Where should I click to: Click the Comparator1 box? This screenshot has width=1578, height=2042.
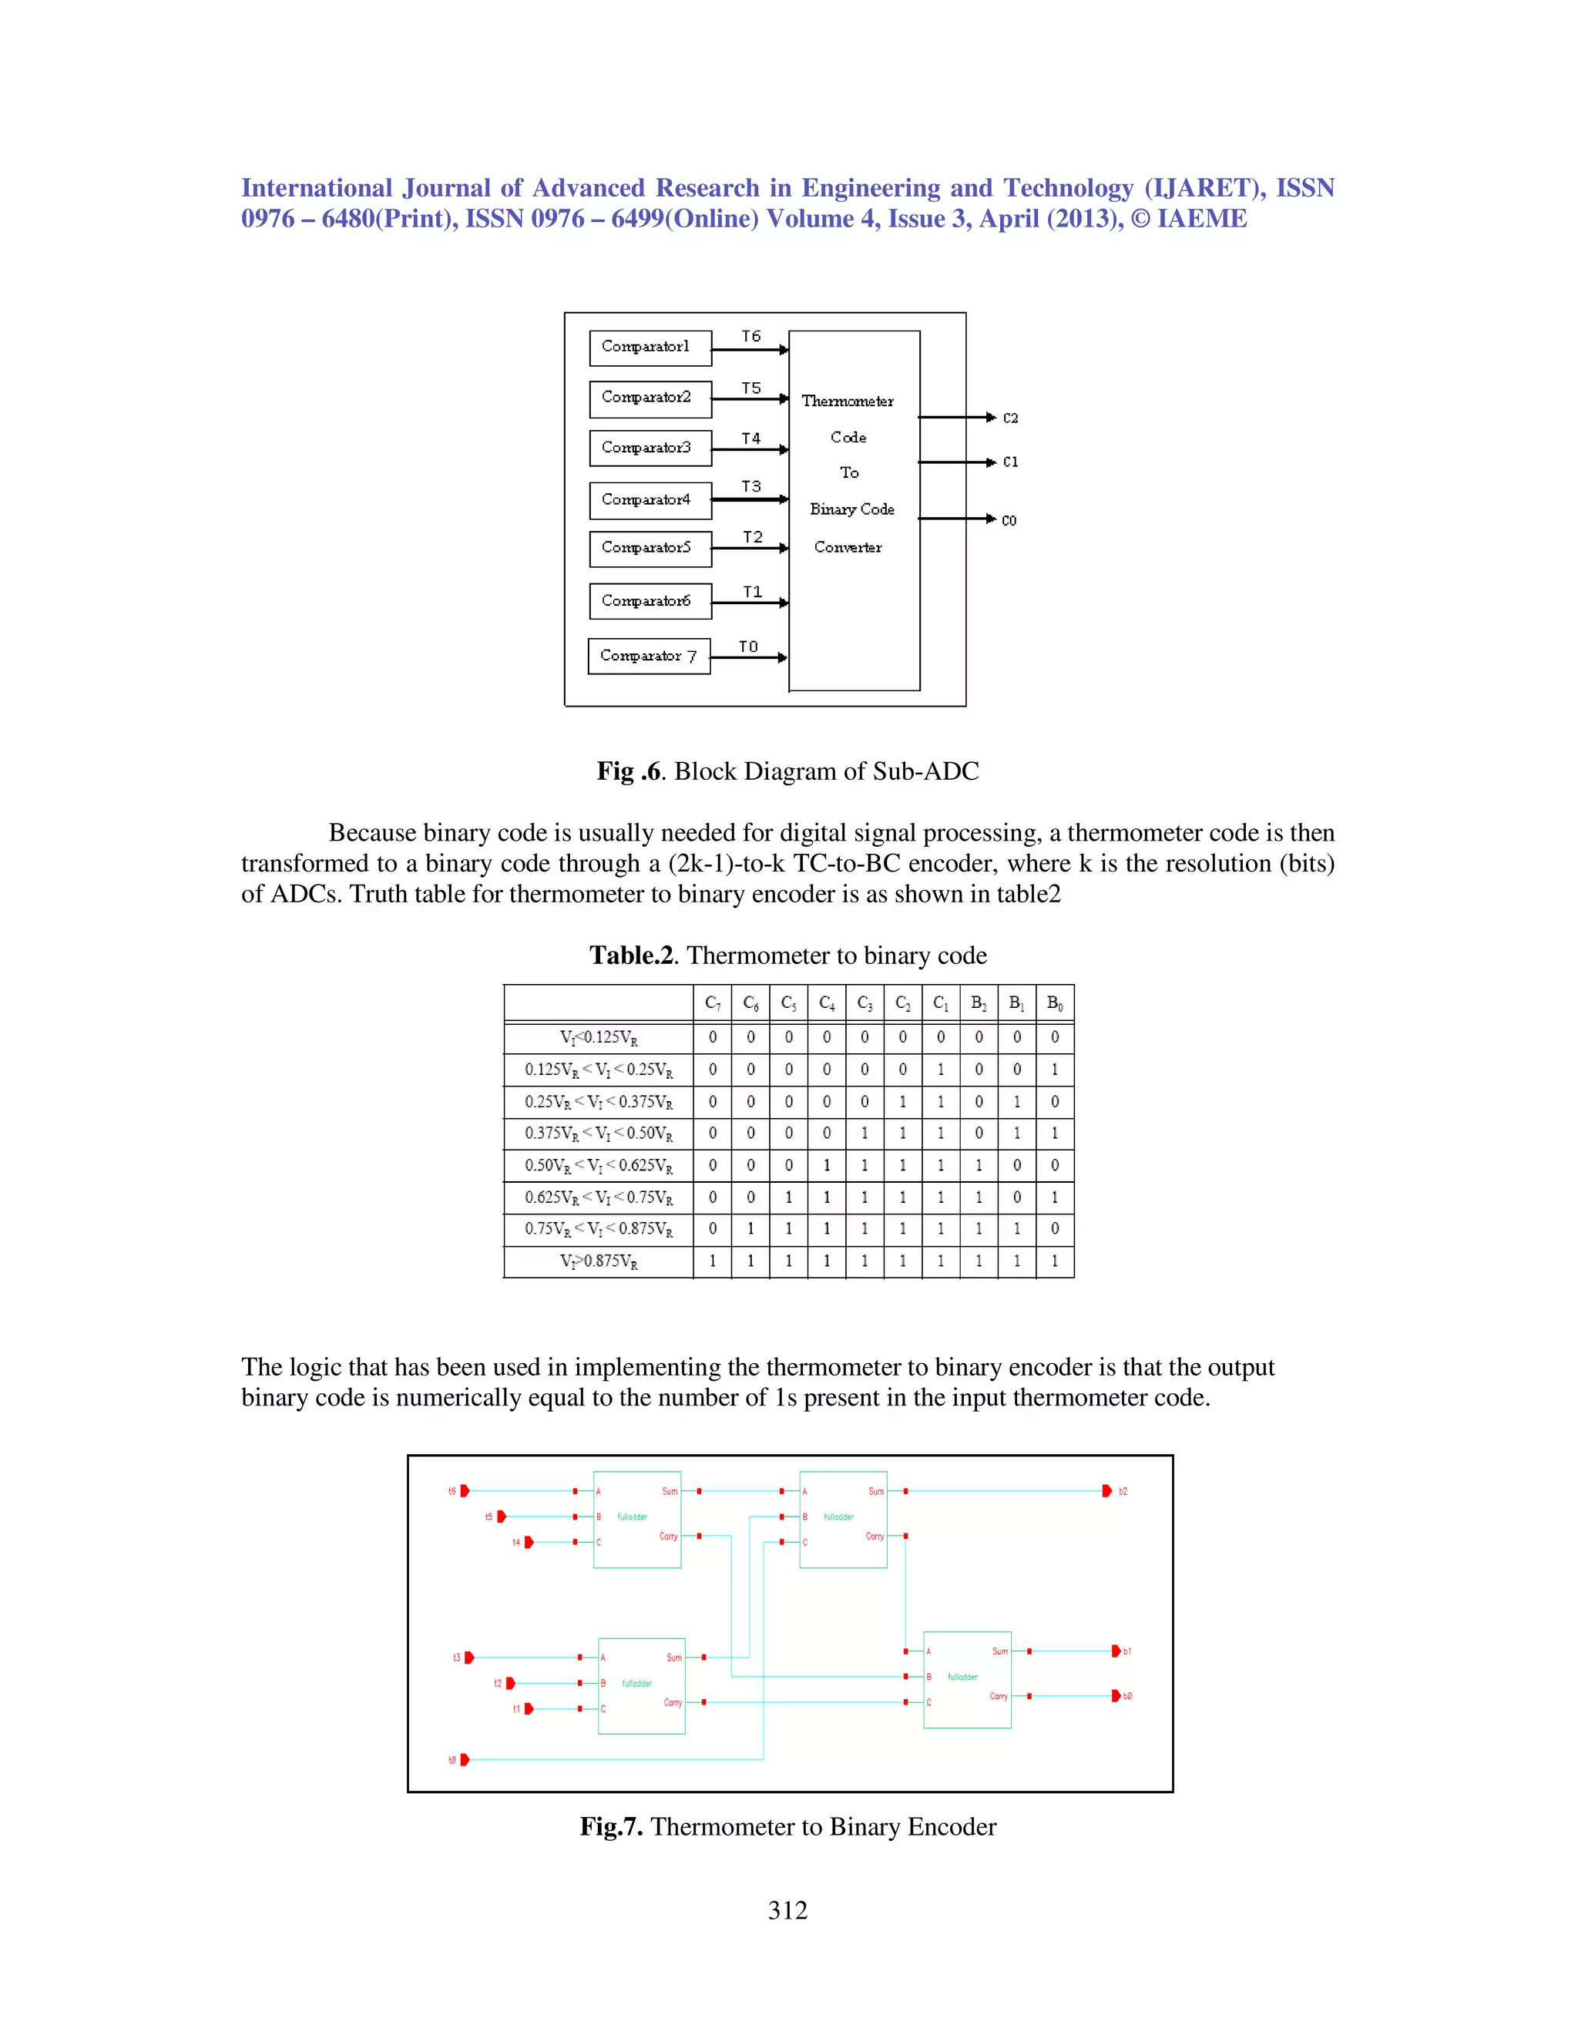(650, 347)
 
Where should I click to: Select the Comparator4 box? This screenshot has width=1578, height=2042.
(650, 500)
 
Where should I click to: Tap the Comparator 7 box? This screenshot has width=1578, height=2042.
(649, 657)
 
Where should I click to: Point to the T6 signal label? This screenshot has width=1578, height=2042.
(751, 336)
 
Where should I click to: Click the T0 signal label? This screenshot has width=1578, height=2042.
(749, 646)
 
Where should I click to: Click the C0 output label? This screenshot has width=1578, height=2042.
(1009, 521)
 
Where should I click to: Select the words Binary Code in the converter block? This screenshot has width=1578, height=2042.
(851, 509)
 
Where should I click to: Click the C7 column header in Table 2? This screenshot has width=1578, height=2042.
(713, 1003)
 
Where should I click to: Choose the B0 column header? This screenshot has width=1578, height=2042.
(1055, 1003)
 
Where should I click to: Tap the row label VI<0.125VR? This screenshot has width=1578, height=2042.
(598, 1038)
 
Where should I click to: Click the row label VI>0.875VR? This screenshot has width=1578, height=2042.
(598, 1261)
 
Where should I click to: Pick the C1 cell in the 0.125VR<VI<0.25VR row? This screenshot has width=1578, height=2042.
(941, 1070)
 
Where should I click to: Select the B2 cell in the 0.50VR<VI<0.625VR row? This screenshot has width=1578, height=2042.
(979, 1166)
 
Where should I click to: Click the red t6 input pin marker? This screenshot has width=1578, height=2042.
(465, 1491)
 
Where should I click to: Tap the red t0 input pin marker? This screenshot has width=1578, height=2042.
(465, 1760)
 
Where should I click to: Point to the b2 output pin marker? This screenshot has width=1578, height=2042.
(1108, 1491)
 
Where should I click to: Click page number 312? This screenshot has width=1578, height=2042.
(788, 1911)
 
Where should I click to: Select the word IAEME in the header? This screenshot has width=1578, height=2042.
(1201, 219)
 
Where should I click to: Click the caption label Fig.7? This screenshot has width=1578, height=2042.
(610, 1827)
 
